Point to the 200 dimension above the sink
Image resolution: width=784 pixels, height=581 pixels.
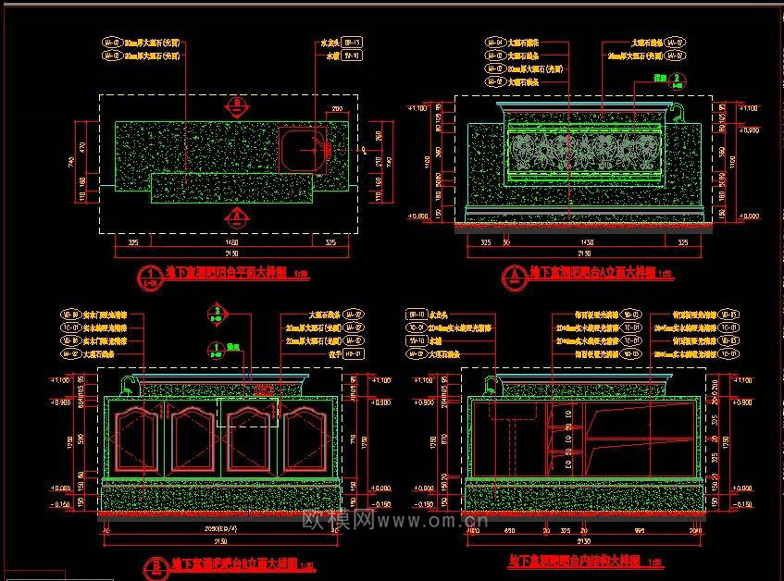tap(337, 109)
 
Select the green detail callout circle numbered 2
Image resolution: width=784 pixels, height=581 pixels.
tap(678, 80)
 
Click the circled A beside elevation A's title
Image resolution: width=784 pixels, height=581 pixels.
tap(515, 275)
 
